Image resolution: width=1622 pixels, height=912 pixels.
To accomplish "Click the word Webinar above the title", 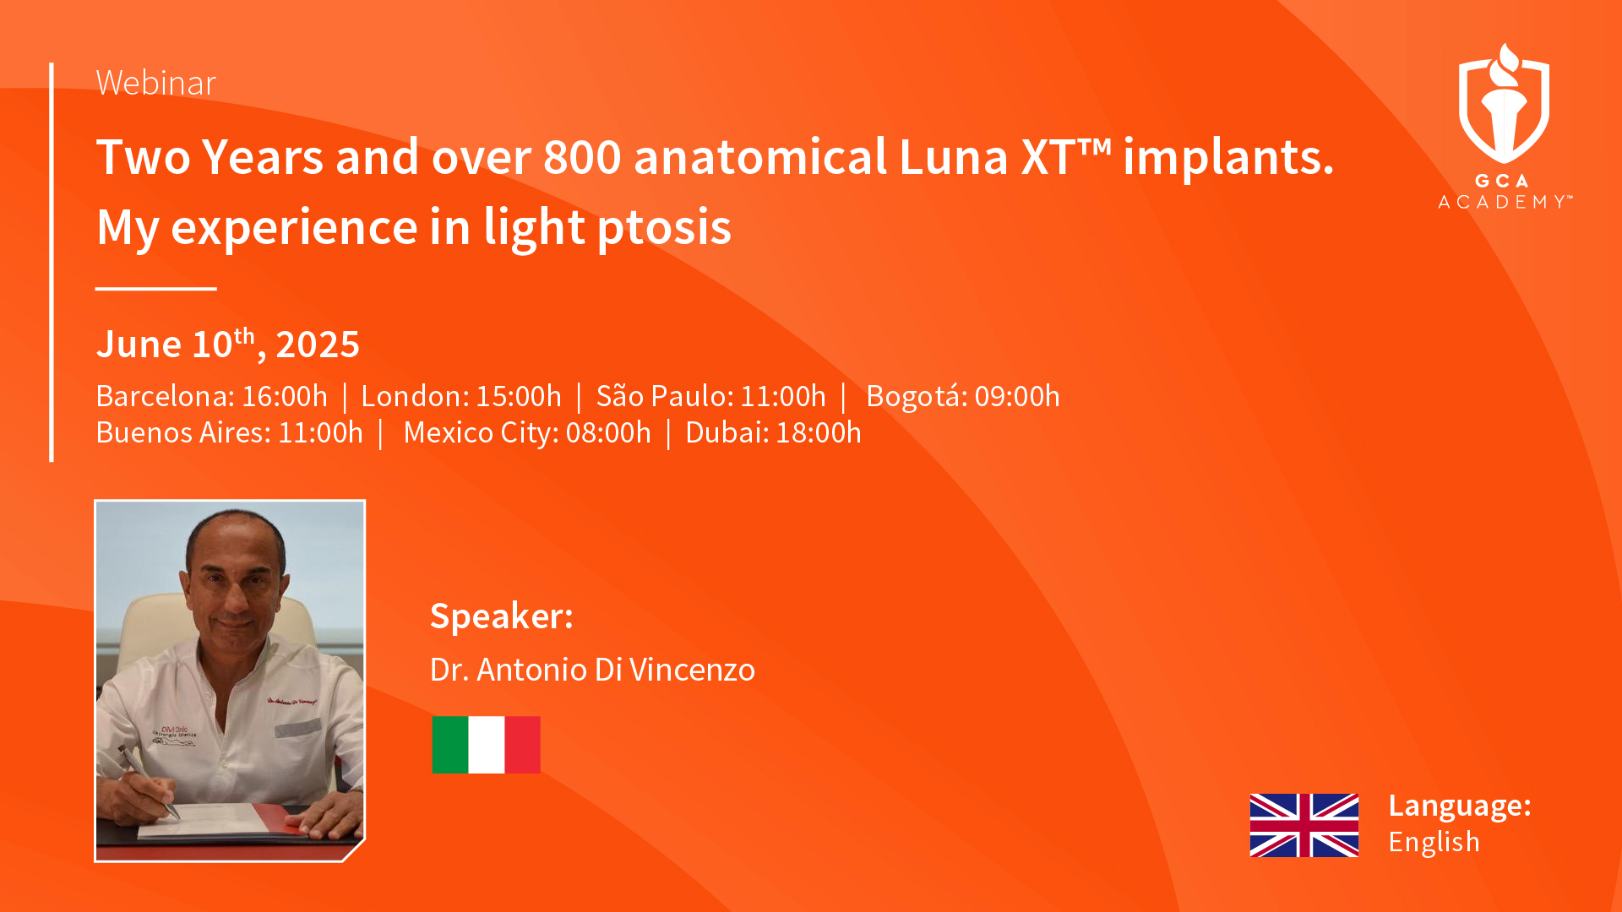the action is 156,83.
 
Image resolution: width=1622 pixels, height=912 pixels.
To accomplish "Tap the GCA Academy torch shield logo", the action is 1504,103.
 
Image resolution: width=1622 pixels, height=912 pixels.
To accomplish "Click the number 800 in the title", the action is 582,157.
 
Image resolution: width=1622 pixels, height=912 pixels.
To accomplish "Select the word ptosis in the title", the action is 664,228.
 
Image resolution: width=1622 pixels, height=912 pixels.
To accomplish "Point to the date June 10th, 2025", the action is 228,344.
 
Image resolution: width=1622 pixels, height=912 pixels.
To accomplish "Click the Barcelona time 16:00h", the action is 285,396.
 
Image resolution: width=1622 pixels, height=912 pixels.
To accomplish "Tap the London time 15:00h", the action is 519,396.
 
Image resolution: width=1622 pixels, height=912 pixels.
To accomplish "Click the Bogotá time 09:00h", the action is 1017,396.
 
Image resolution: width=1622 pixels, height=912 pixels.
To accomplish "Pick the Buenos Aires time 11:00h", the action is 320,432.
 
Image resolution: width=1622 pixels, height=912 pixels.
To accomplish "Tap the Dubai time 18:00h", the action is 819,432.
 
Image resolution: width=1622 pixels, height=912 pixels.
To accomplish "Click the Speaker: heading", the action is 502,616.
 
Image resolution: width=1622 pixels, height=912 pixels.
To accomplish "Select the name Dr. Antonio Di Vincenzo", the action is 592,670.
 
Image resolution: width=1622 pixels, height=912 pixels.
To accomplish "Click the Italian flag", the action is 486,745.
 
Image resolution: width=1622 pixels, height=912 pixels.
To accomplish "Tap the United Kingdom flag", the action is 1304,825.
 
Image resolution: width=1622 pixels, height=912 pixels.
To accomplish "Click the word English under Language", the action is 1434,842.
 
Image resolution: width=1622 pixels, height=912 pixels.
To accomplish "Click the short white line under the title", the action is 156,289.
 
